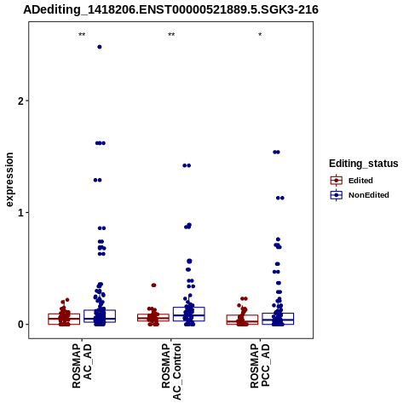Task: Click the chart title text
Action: [170, 9]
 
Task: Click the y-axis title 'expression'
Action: [9, 180]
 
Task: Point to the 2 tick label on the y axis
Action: [20, 101]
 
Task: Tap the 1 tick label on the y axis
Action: [20, 212]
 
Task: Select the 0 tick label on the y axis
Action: [20, 325]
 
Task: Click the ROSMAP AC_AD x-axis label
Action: [82, 366]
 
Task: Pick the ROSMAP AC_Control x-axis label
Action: [171, 372]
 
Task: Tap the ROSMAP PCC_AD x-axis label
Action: [260, 366]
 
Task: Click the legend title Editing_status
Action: [364, 164]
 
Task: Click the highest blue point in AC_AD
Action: [100, 47]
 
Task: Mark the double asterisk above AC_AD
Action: [82, 35]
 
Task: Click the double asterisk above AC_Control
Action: [171, 35]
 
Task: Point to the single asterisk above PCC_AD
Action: [260, 35]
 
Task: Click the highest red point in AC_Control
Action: [153, 285]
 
